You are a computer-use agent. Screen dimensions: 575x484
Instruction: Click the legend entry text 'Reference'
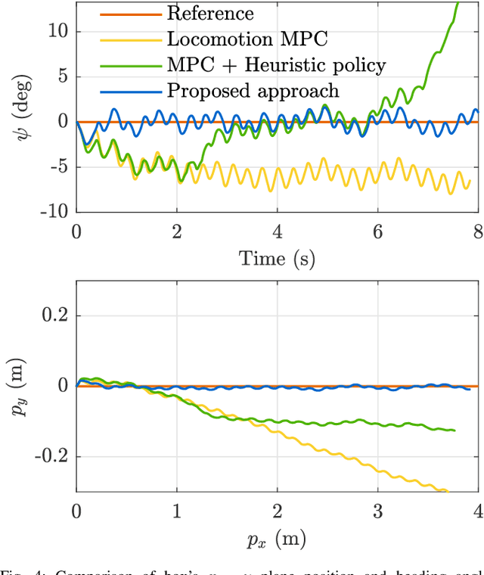pos(210,13)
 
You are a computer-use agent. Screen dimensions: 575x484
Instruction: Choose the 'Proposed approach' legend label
pos(253,90)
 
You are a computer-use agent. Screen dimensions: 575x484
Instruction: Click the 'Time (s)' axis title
pos(277,258)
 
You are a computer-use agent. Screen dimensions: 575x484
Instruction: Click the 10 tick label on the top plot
pos(58,31)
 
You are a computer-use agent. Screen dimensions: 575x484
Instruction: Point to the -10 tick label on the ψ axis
pos(54,213)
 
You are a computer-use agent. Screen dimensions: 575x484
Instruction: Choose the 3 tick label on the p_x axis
pos(377,511)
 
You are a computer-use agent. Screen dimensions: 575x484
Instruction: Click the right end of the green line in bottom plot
pos(455,430)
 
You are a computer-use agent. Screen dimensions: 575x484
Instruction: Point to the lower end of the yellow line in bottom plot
pos(448,492)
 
